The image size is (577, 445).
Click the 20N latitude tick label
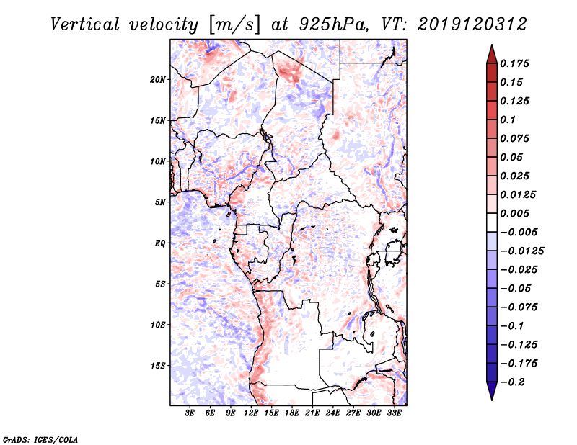tap(158, 80)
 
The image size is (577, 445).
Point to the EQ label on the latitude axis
tap(159, 243)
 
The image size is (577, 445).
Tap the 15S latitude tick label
tap(158, 366)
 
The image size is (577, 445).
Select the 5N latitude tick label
tap(160, 202)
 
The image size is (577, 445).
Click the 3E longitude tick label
tap(190, 413)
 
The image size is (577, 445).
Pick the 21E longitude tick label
tap(312, 413)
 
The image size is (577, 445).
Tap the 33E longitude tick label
tap(394, 413)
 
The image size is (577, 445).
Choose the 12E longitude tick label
tap(251, 413)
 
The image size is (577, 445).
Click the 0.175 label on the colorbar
tap(514, 63)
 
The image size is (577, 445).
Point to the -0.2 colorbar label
tap(512, 382)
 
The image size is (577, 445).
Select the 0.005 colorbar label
tap(514, 213)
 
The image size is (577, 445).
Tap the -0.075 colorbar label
tap(519, 307)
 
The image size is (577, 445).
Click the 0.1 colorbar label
tap(508, 120)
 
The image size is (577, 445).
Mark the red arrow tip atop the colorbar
tap(492, 45)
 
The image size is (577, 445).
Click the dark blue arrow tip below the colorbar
tap(492, 400)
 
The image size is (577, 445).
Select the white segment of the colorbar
tap(492, 223)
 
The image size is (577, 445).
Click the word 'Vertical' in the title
tap(85, 24)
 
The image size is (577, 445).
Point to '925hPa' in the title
tap(332, 24)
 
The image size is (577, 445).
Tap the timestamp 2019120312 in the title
tap(472, 24)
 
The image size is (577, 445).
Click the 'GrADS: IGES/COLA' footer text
tap(40, 439)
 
